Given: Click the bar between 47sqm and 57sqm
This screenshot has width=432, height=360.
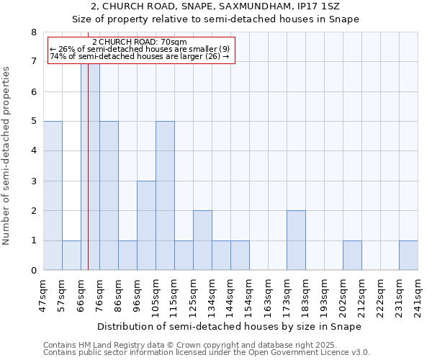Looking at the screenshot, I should point(53,196).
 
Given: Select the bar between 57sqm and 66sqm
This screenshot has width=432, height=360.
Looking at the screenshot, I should point(71,256).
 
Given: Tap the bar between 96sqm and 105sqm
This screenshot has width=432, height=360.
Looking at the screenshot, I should point(146,225).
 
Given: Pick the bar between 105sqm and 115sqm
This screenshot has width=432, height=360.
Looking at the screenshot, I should point(165,196).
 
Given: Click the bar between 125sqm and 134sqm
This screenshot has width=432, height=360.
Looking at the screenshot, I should point(202,240).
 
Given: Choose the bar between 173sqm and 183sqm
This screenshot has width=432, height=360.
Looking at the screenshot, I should point(296,240).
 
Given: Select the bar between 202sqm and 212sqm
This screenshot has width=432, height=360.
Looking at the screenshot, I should point(352,256).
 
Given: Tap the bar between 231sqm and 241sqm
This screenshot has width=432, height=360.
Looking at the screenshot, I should point(408,256).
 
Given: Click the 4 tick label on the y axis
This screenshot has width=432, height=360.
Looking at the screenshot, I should point(34,151).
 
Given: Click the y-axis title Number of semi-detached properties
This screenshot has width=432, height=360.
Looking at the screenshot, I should point(7,156).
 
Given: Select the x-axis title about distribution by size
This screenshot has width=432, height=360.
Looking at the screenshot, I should point(230,327).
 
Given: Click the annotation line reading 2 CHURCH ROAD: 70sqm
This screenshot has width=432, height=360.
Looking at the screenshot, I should point(140,42).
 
